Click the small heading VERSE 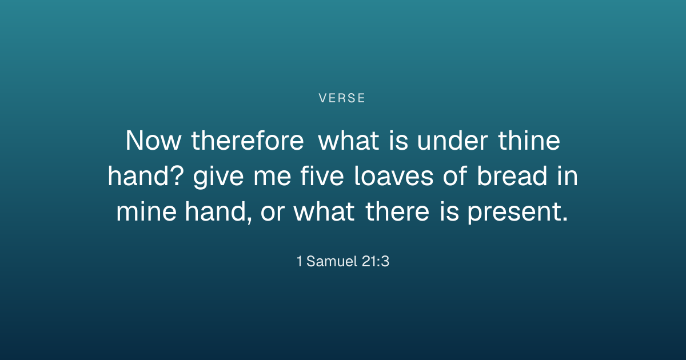(x=342, y=98)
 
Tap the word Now (x=153, y=141)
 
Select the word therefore (x=248, y=141)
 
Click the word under (x=452, y=141)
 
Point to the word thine (x=529, y=141)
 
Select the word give (x=218, y=177)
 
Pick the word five (x=322, y=176)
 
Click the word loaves (x=394, y=176)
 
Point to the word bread (x=512, y=176)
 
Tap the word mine (x=146, y=211)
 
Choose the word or (x=273, y=213)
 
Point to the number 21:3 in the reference (x=376, y=262)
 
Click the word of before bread (x=455, y=176)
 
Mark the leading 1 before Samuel (x=300, y=262)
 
